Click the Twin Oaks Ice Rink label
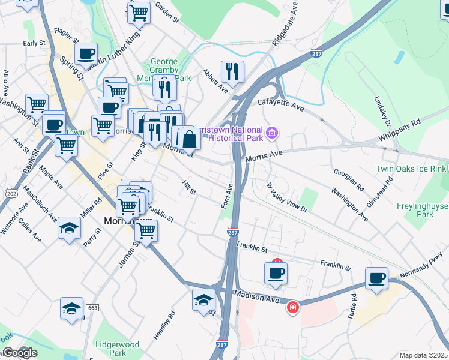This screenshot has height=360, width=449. [x=412, y=170]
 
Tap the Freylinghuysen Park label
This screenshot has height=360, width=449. [x=423, y=210]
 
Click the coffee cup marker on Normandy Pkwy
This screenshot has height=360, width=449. [x=376, y=278]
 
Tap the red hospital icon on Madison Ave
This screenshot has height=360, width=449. [x=292, y=307]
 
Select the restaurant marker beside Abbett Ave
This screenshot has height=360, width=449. [x=231, y=71]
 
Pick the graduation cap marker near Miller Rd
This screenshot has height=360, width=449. [x=70, y=228]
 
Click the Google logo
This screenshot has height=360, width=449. [x=19, y=353]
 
